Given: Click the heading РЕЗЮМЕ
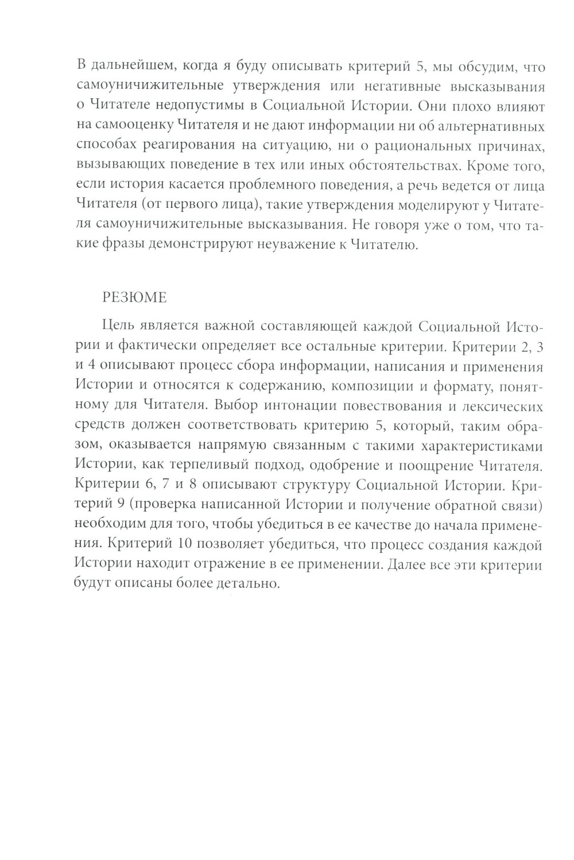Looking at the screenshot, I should (x=134, y=298).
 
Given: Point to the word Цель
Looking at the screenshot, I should (x=116, y=327).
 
